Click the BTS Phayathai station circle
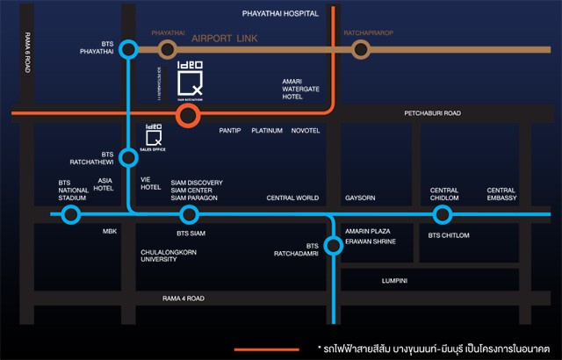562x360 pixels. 129,50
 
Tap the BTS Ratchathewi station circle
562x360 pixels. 129,158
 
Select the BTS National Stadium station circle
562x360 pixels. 72,215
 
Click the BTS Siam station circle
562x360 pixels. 189,215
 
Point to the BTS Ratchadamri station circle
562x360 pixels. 334,246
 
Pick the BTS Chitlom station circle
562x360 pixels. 443,215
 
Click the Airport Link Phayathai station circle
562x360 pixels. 189,50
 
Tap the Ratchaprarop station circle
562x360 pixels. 360,50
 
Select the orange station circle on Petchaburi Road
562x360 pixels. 187,114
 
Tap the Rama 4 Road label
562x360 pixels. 184,299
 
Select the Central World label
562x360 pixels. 292,198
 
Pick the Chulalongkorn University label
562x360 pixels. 169,256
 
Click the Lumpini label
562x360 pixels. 395,281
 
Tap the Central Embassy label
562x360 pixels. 501,194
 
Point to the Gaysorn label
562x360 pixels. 360,198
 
